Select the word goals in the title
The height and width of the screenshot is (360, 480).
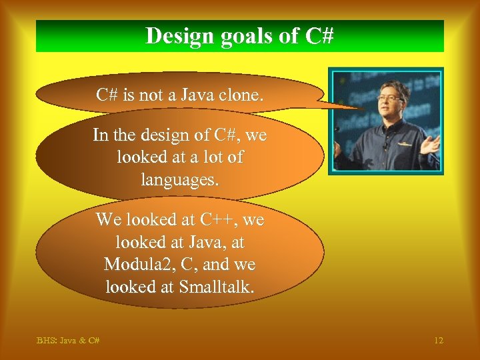click(247, 36)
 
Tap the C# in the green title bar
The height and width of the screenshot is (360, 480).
click(319, 36)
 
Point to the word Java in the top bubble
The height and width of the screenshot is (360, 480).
click(199, 95)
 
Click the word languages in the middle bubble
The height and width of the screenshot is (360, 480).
click(179, 179)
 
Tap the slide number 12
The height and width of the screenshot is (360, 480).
click(438, 341)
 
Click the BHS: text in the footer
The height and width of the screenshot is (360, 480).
click(47, 341)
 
